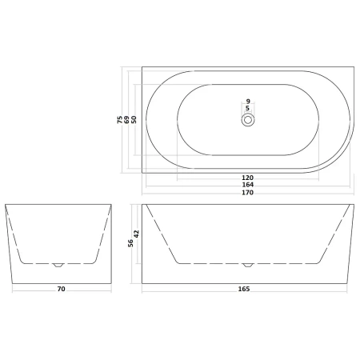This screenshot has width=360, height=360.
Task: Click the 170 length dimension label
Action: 247,193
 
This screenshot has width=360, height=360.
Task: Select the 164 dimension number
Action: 247,185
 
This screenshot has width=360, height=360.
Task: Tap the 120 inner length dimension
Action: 247,178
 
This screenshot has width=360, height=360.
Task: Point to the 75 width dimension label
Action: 120,119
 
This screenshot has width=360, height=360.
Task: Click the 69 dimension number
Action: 127,119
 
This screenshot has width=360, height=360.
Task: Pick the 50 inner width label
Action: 134,119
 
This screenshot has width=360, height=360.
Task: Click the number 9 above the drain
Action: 248,102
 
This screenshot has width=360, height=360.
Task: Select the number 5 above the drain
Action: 247,108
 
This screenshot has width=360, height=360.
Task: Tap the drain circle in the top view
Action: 248,120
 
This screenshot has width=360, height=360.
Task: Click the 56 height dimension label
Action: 130,243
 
